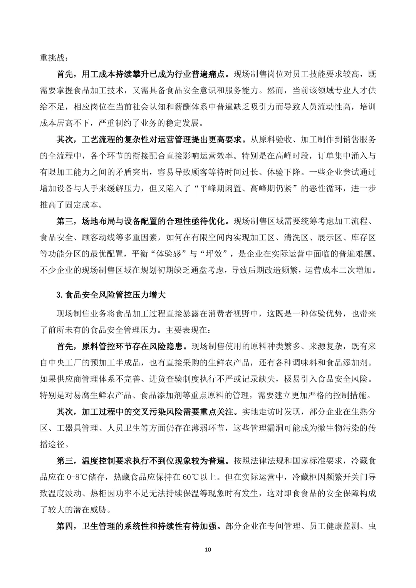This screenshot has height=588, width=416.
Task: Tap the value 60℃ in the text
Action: [x=191, y=477]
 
